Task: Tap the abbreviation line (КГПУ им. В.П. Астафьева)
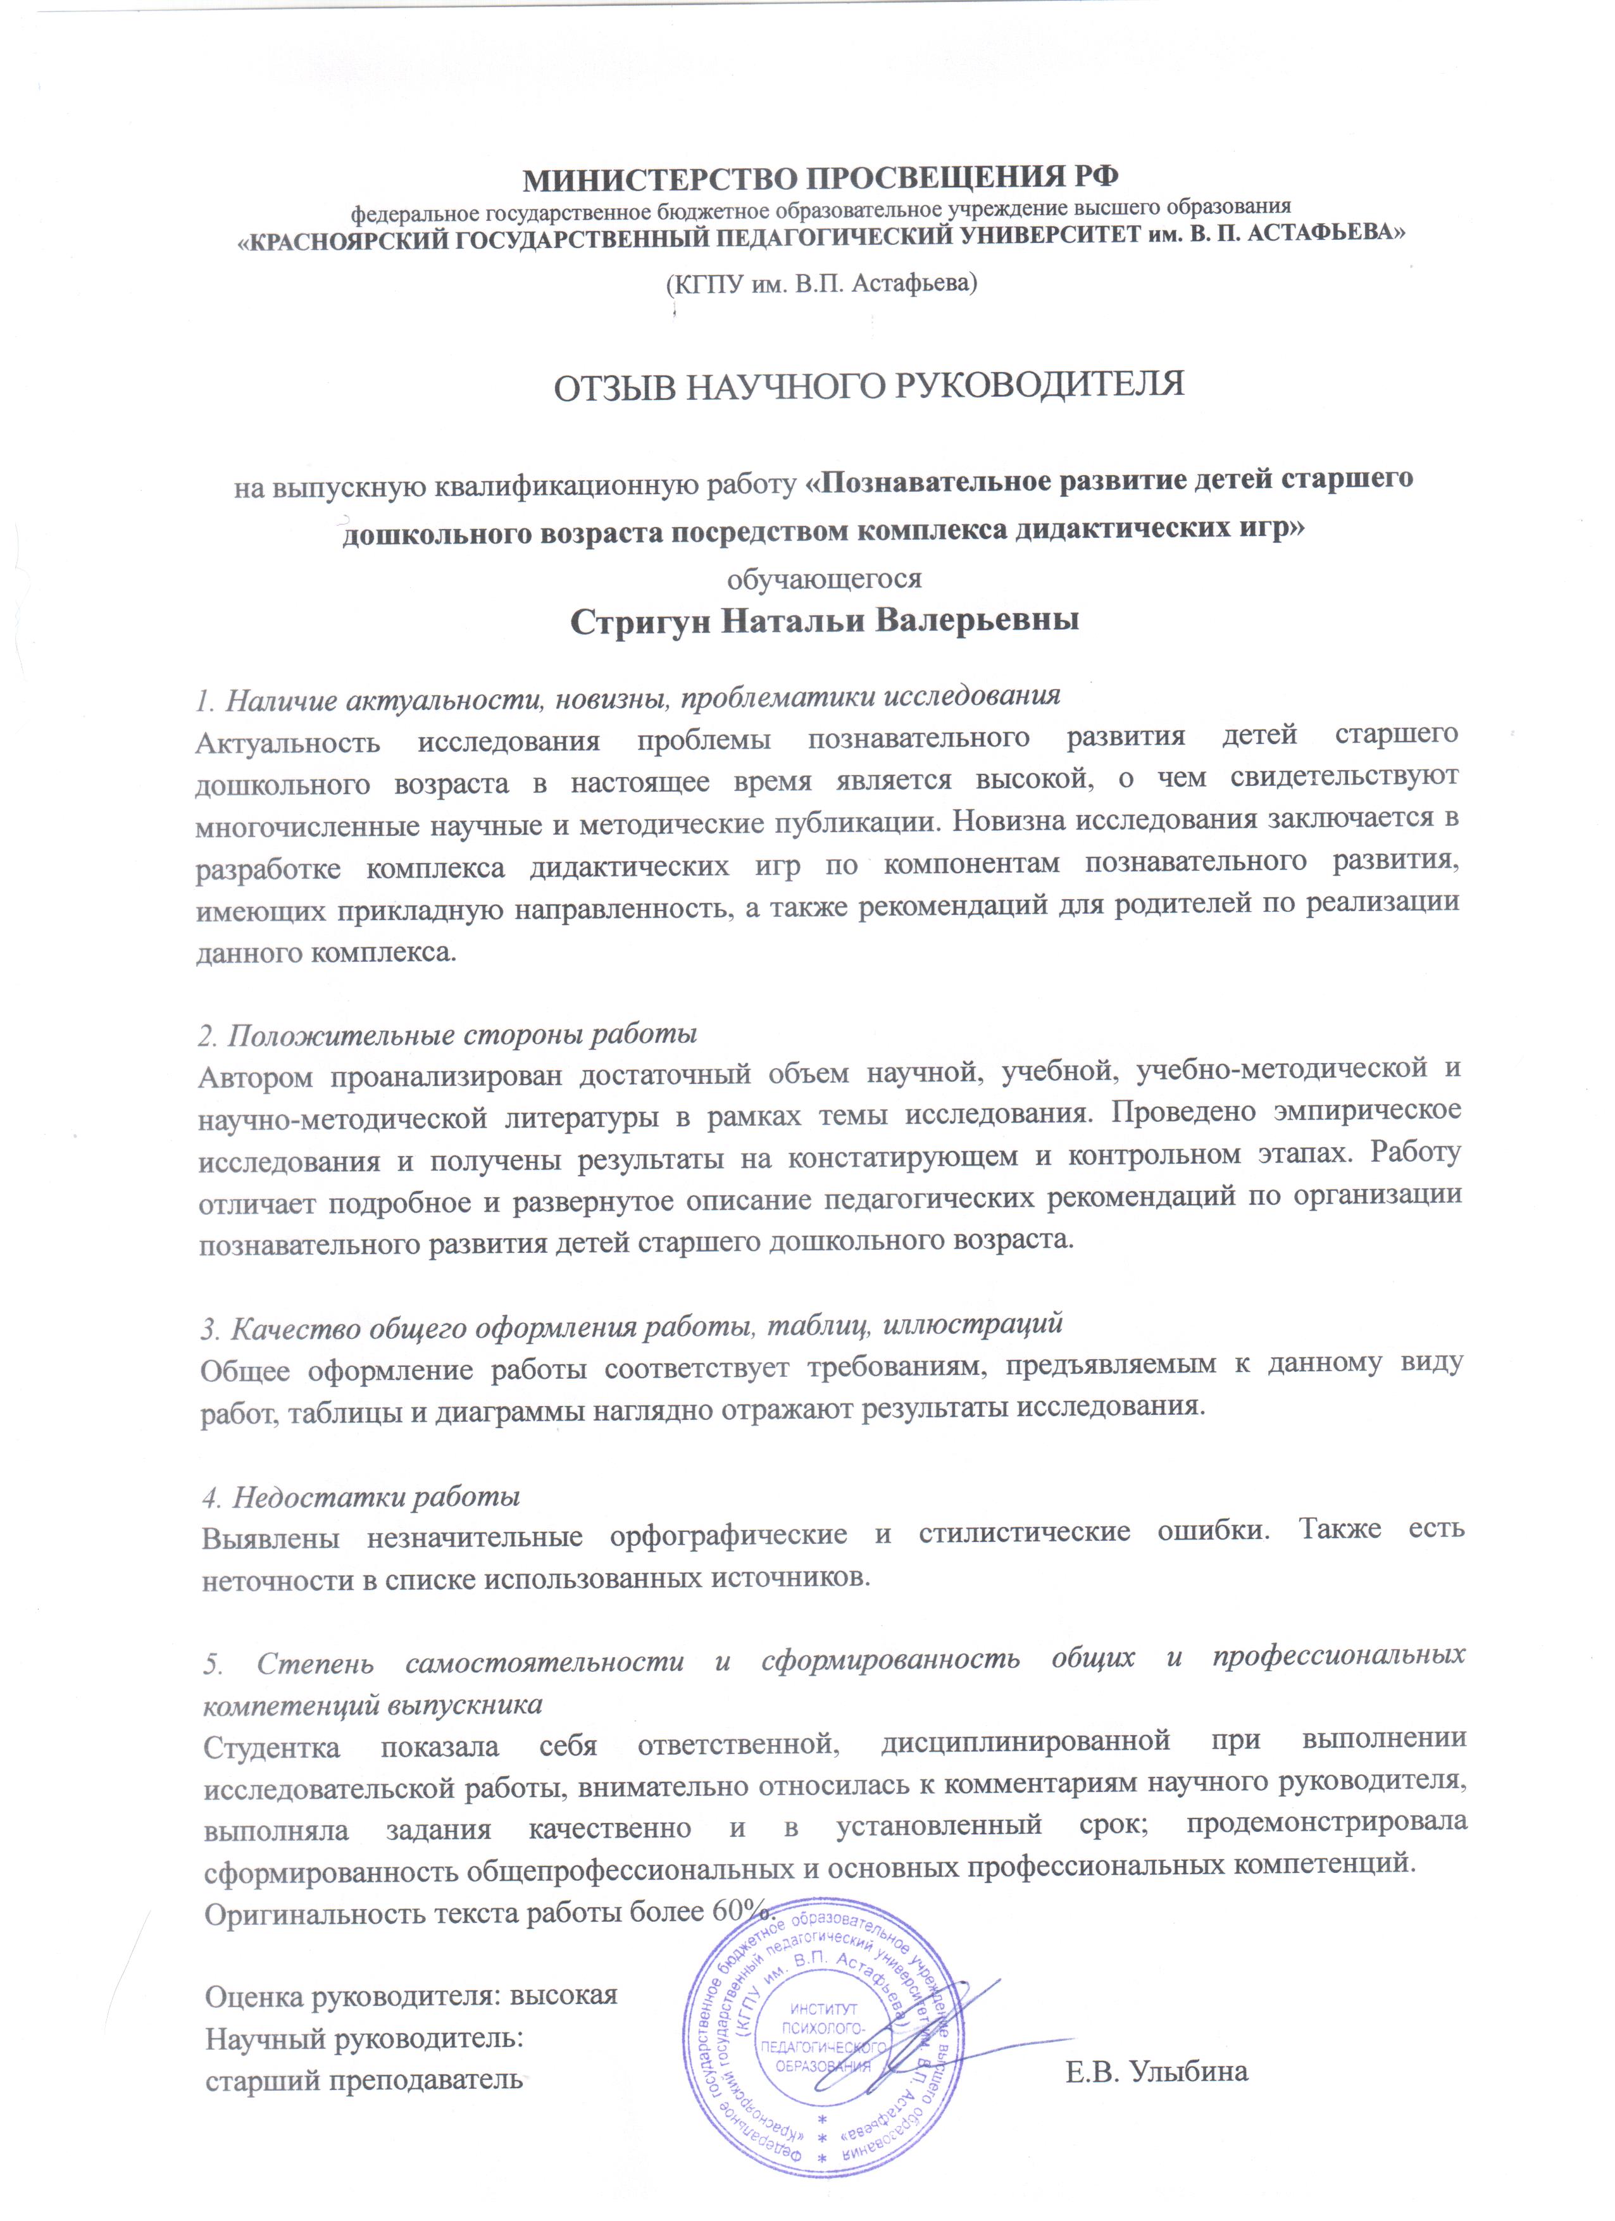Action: tap(821, 284)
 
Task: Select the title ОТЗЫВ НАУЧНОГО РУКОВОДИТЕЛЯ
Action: tap(869, 384)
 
